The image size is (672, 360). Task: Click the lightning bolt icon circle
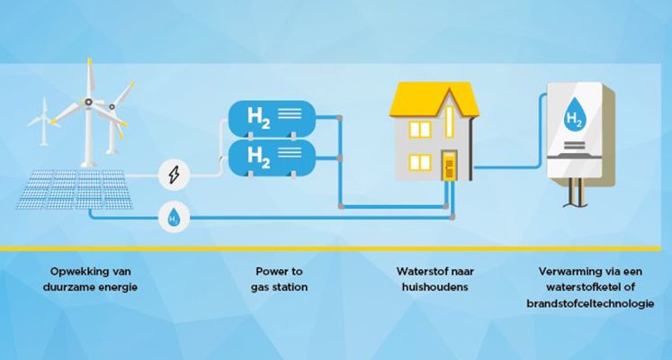point(174,175)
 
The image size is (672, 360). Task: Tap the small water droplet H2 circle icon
point(174,217)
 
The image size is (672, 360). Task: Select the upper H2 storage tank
point(273,119)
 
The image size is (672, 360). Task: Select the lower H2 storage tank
point(273,157)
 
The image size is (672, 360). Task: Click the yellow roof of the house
point(434,99)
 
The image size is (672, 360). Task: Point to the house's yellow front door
point(449,165)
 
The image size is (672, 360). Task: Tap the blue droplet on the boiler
point(574,114)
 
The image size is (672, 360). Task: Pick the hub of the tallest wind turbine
point(88,102)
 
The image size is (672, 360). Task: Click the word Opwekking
point(73,272)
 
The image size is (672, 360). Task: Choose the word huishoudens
point(435,287)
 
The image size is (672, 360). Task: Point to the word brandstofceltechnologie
point(590,303)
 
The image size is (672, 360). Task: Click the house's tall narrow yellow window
point(449,121)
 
